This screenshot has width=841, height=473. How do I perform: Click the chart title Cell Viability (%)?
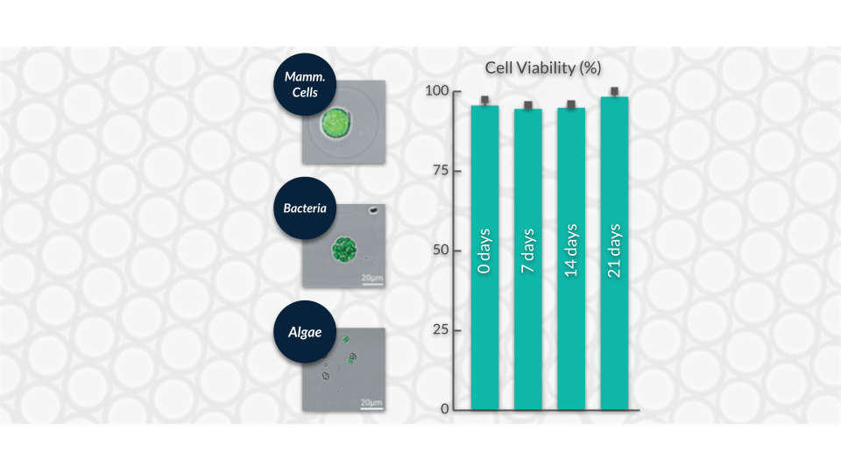tap(543, 68)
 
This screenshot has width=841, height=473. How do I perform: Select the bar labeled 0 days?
tap(484, 258)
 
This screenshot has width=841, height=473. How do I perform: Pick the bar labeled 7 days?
tap(527, 259)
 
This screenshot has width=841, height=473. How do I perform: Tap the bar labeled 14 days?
tap(571, 259)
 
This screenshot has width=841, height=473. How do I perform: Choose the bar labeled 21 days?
tap(614, 253)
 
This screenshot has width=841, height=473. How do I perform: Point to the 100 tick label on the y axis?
tap(436, 90)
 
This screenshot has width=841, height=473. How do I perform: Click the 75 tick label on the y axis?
tap(441, 171)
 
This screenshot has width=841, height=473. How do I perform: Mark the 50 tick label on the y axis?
tap(441, 250)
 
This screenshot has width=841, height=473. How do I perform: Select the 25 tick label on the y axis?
tap(441, 329)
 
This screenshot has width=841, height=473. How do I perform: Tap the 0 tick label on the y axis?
tap(445, 409)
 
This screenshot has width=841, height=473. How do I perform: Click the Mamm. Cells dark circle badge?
tap(305, 84)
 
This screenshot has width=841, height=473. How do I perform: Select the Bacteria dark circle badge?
tap(305, 208)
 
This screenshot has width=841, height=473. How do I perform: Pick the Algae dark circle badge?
tap(305, 332)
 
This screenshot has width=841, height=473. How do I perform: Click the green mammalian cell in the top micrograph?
tap(336, 123)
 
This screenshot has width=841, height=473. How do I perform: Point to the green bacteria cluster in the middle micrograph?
tap(343, 250)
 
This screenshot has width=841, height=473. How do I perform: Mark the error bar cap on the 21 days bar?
tap(614, 92)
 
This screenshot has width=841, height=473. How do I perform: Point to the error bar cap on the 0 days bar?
tap(484, 100)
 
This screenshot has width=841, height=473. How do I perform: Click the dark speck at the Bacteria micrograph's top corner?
tap(373, 210)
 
